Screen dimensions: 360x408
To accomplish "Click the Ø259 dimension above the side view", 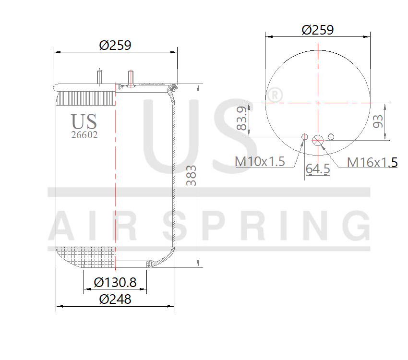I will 115,45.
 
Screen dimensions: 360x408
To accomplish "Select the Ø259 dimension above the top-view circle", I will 318,30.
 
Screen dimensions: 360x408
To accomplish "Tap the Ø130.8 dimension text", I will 115,283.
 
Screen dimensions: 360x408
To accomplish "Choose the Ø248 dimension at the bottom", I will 115,300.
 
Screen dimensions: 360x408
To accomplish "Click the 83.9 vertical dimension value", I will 242,119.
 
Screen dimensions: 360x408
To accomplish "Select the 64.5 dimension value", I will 318,168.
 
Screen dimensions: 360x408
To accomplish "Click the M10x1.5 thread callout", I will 260,161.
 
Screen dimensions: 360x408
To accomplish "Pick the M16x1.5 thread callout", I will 372,162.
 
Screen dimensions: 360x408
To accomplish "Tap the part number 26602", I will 84,135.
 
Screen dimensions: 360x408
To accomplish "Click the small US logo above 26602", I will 84,121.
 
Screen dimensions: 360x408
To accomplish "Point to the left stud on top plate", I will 100,77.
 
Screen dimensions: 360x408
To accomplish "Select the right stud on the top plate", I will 130,77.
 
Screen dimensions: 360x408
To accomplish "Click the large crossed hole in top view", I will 318,141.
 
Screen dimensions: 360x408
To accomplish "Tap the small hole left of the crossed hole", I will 304,137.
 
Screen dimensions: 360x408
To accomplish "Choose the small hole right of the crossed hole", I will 331,137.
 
